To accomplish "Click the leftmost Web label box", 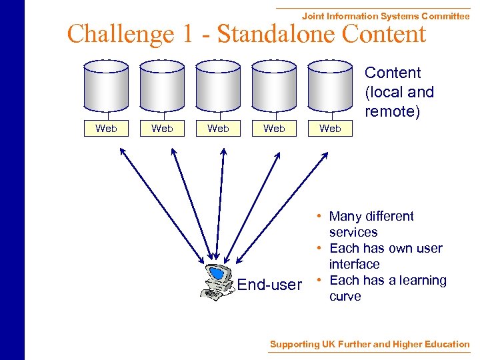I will click(106, 129).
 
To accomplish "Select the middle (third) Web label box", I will click(218, 129).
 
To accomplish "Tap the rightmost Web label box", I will click(330, 129).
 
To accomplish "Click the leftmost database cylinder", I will click(106, 86).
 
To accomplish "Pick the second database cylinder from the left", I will click(162, 86).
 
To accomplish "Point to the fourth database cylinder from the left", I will click(274, 86).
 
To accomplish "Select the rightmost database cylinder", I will click(330, 86).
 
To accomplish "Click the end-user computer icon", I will click(217, 283).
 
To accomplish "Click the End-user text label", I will click(269, 285).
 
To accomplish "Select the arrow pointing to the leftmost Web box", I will click(161, 204).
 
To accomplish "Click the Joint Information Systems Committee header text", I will click(385, 16).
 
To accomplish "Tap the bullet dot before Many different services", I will click(321, 216).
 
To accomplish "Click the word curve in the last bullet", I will click(345, 297).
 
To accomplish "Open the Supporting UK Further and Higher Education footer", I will click(369, 344).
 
